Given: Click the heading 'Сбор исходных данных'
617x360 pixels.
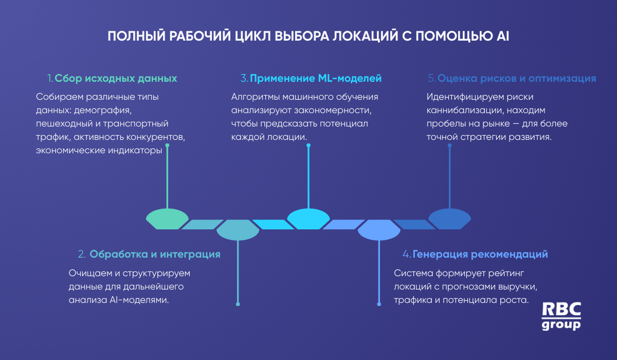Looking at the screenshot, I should pyautogui.click(x=116, y=79).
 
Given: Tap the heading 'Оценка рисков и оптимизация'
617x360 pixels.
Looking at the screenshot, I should pyautogui.click(x=516, y=79).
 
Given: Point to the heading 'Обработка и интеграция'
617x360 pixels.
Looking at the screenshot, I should pyautogui.click(x=155, y=254).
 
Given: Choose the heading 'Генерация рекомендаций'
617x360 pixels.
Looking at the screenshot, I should pyautogui.click(x=480, y=254).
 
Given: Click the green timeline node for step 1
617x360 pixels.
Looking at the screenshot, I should pyautogui.click(x=167, y=219).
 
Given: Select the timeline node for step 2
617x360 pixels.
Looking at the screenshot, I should pyautogui.click(x=238, y=230).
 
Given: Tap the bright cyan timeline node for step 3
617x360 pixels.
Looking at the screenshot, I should pyautogui.click(x=308, y=219).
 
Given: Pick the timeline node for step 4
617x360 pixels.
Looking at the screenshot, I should pyautogui.click(x=379, y=230).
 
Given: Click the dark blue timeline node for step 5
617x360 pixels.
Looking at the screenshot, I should pyautogui.click(x=449, y=219).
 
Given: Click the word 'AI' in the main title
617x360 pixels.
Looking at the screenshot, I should pyautogui.click(x=503, y=37).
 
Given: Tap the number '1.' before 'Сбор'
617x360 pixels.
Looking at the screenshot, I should pyautogui.click(x=50, y=79).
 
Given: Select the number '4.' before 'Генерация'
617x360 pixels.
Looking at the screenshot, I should pyautogui.click(x=407, y=254).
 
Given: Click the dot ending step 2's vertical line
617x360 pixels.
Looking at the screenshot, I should pyautogui.click(x=238, y=304).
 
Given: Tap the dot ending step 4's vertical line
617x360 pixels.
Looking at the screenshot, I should pyautogui.click(x=379, y=304).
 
